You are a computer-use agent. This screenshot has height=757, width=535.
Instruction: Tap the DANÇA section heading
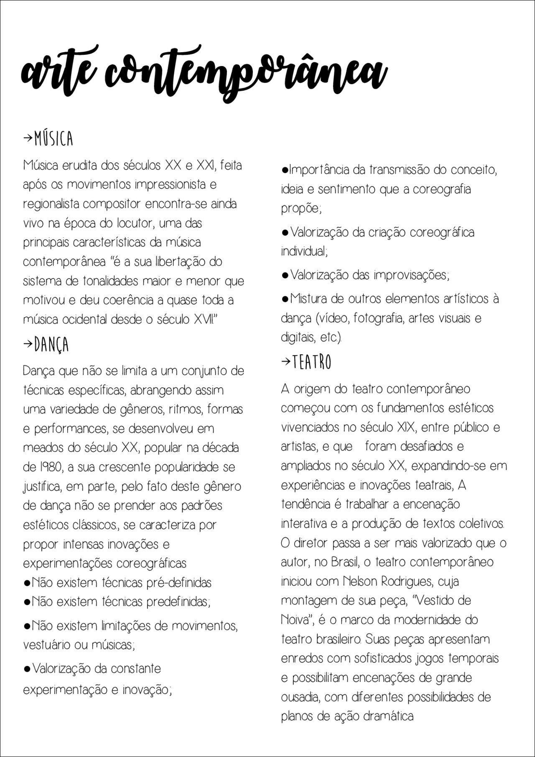[51, 345]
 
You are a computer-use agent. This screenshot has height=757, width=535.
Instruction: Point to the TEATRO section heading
[312, 362]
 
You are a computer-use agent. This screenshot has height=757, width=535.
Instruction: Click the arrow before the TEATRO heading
[286, 362]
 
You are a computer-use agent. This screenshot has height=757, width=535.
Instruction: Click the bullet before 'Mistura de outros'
[285, 299]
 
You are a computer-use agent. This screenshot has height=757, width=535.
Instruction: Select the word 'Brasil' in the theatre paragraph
[345, 562]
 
